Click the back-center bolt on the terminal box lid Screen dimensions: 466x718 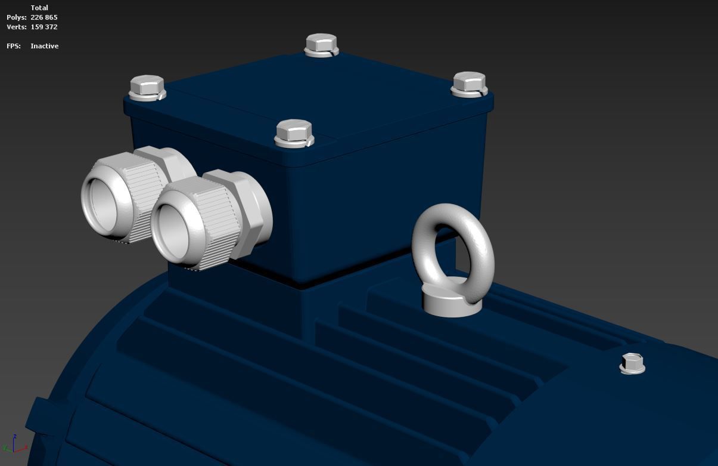tap(322, 45)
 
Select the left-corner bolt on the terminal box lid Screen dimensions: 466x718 tap(147, 88)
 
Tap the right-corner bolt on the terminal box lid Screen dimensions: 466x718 tap(470, 84)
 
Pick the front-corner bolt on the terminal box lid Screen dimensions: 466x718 tap(294, 132)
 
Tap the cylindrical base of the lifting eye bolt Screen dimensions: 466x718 tap(451, 301)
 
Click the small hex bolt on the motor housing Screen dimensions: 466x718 tap(632, 363)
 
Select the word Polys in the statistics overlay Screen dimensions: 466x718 tap(16, 17)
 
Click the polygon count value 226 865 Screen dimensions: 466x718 tap(44, 17)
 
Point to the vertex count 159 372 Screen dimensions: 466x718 tap(44, 27)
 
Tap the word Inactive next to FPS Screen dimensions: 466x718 tap(45, 46)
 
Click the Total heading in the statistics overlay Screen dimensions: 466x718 tap(39, 8)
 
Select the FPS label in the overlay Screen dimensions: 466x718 tap(14, 46)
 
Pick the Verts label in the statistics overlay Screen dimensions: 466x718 tap(16, 27)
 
